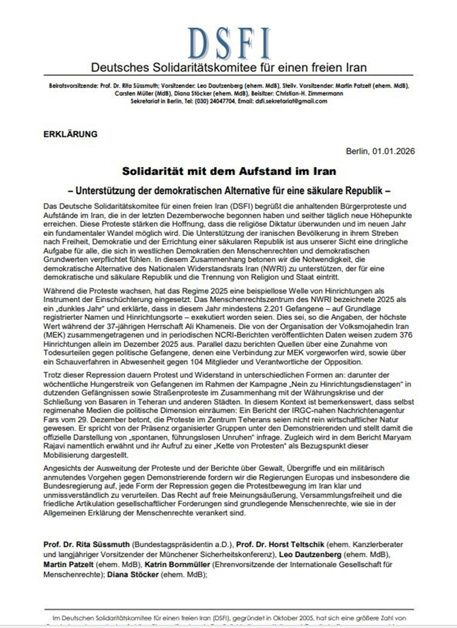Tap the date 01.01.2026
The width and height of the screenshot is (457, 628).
(x=393, y=150)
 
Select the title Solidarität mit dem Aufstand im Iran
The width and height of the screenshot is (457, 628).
(x=228, y=169)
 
